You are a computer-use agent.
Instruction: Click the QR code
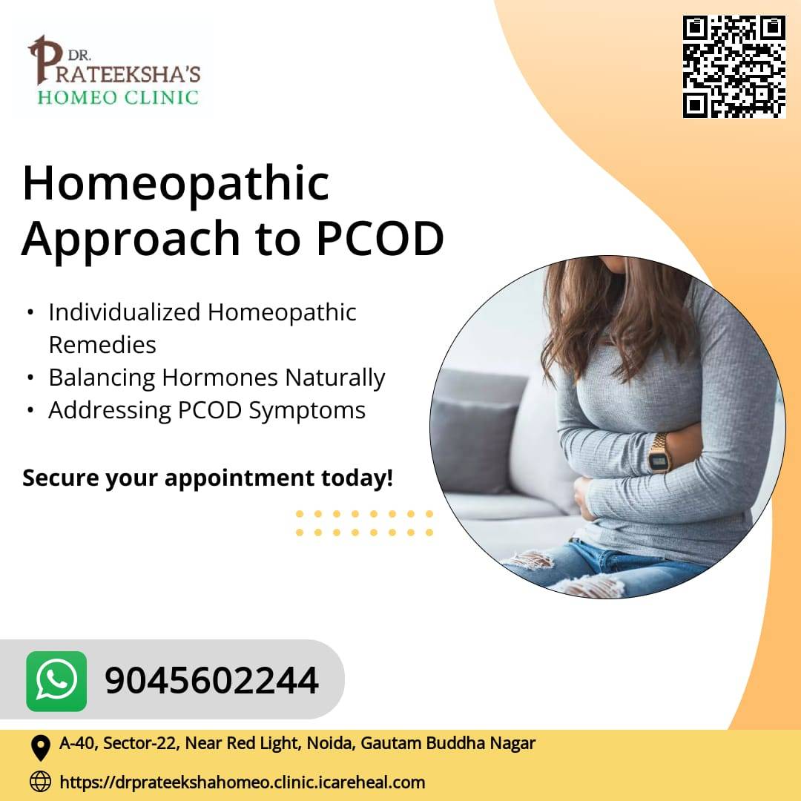click(x=734, y=67)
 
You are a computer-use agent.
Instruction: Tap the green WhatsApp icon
click(x=56, y=681)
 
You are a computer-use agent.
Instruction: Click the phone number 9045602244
click(x=211, y=681)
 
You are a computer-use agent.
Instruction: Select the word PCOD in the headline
click(x=380, y=239)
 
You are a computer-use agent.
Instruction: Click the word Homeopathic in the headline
click(x=177, y=184)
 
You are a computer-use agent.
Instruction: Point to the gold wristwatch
click(x=659, y=452)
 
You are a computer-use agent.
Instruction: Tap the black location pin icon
click(x=40, y=748)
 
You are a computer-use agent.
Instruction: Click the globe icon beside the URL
click(x=40, y=781)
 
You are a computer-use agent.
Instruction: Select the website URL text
click(x=242, y=782)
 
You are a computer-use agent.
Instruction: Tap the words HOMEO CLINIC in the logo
click(x=118, y=98)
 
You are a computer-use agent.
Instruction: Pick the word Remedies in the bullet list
click(x=102, y=345)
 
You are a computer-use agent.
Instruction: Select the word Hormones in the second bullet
click(x=220, y=378)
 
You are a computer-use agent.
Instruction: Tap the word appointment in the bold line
click(x=240, y=479)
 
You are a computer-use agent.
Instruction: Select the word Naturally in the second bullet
click(x=334, y=378)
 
